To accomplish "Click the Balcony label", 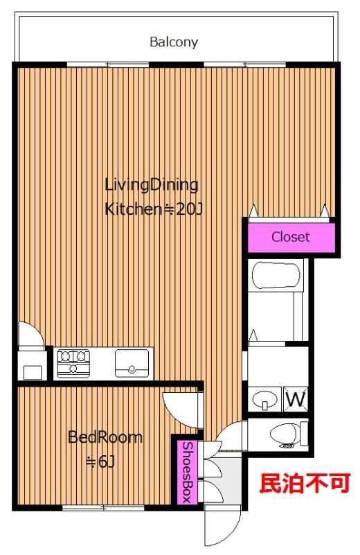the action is point(174,42).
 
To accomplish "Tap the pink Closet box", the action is point(291,237).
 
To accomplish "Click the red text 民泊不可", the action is point(305,483).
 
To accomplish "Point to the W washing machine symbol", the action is point(296,399).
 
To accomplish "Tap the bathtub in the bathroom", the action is point(276,275).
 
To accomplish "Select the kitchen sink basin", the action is point(132,363).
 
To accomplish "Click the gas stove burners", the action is point(73,362).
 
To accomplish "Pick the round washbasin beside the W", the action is point(265,400).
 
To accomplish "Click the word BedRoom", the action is point(105,437).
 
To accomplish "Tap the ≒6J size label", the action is point(101,461).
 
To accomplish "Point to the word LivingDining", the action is point(152,186).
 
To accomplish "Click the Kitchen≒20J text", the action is point(154,209).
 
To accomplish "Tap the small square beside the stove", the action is point(33,372).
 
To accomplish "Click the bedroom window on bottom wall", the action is point(103,508).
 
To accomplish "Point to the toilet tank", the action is point(304,434).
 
